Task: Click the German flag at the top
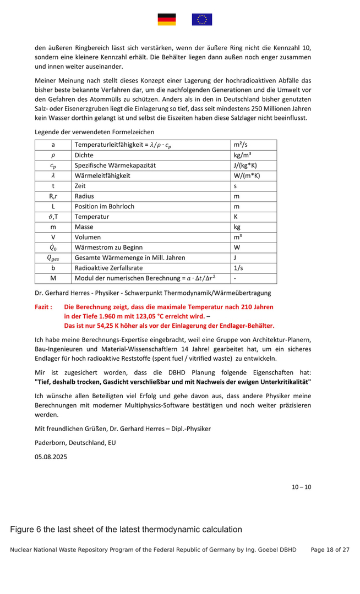click(167, 20)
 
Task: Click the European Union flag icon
click(202, 20)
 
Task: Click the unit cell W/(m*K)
click(247, 175)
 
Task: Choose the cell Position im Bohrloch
click(105, 206)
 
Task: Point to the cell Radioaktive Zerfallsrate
click(108, 268)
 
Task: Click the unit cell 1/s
click(239, 268)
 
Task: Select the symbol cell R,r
click(53, 196)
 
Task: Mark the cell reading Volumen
click(88, 237)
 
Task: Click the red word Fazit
click(43, 307)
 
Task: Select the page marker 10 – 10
click(301, 487)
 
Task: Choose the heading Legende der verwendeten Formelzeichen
click(94, 132)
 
